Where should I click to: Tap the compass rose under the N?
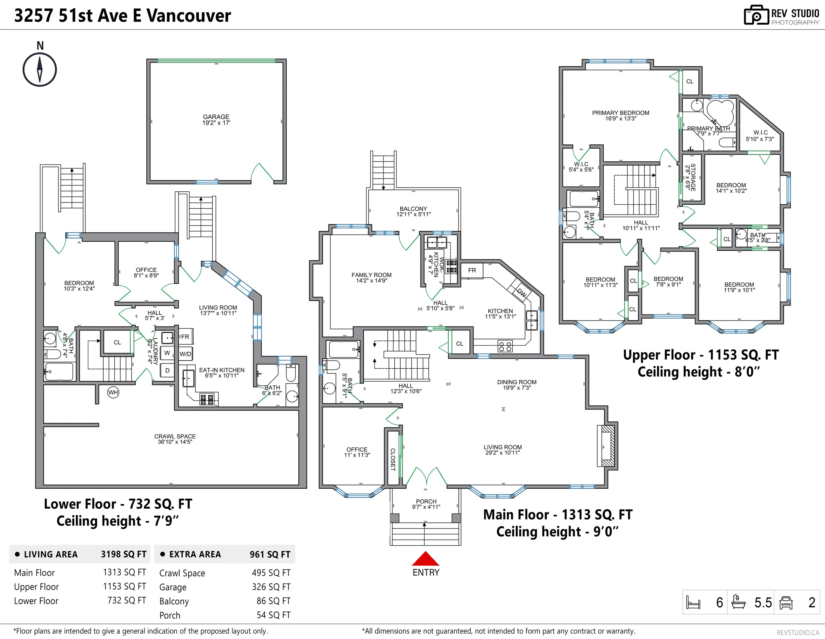[x=40, y=69]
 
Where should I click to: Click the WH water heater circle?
[x=113, y=392]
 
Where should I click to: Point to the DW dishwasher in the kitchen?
[x=521, y=292]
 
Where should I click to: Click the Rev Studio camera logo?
[x=756, y=15]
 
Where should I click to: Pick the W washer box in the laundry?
[x=167, y=353]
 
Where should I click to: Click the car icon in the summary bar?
[x=786, y=602]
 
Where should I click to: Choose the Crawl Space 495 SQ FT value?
[x=271, y=573]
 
